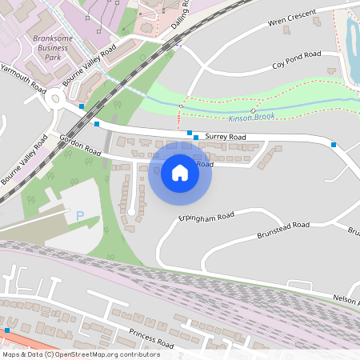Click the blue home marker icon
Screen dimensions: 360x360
180,172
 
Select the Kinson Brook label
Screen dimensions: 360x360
251,118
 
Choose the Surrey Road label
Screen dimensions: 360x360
226,138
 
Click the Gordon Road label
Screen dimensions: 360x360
80,146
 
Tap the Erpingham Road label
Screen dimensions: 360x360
206,216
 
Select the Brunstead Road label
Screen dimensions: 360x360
283,230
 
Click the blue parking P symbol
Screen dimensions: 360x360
79,215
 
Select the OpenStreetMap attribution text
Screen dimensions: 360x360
81,354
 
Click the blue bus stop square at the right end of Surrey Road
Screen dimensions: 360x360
334,145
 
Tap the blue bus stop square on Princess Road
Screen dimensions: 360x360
6,330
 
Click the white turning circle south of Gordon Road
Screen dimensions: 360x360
131,211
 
